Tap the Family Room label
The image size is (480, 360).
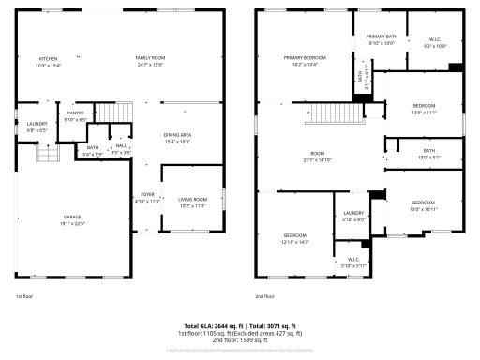coord(150,58)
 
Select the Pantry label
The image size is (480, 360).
coord(75,114)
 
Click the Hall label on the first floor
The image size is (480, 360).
coord(121,146)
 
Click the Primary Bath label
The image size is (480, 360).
coord(382,37)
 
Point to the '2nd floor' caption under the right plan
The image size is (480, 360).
coord(265,296)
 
